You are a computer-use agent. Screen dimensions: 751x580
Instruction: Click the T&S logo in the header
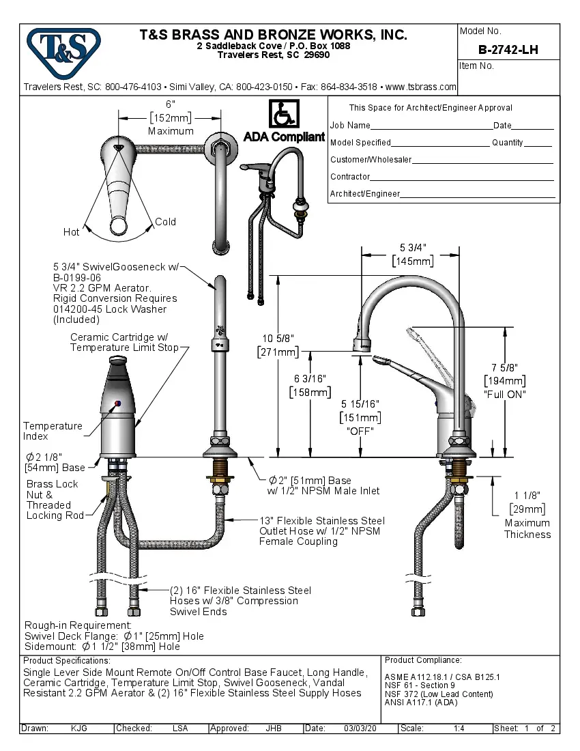[63, 48]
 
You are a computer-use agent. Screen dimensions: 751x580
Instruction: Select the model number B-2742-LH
[508, 49]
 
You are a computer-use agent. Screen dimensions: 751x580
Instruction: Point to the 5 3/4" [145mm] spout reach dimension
[412, 254]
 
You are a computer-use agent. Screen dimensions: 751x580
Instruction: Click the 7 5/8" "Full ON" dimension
[505, 381]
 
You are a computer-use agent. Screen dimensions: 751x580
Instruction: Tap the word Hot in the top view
[72, 232]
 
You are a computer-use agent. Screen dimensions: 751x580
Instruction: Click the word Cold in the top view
[165, 222]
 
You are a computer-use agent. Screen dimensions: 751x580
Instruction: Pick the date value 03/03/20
[360, 728]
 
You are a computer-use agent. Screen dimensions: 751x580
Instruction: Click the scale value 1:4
[459, 728]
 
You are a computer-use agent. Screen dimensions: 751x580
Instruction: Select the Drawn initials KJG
[79, 728]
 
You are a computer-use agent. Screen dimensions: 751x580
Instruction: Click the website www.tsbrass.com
[420, 87]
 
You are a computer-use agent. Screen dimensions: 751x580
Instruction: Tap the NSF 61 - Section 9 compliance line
[420, 685]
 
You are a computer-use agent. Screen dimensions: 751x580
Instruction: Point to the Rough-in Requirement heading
[78, 625]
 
